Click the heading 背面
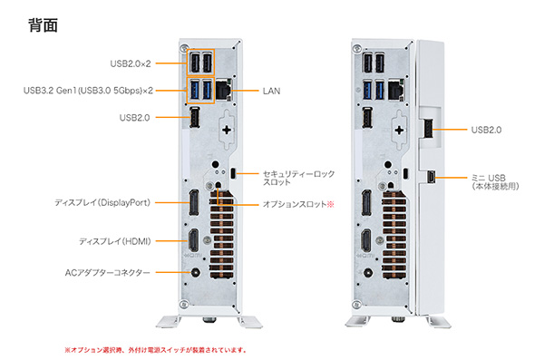click(44, 24)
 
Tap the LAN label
click(272, 91)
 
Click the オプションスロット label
click(298, 204)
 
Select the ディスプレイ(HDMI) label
click(114, 241)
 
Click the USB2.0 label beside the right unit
click(486, 131)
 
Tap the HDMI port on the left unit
click(194, 242)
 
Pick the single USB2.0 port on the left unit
click(194, 119)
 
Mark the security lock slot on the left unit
click(235, 172)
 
